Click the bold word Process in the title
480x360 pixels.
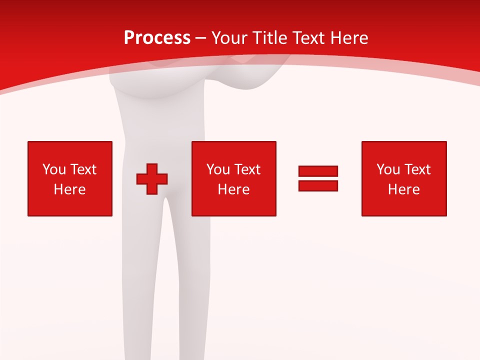click(157, 38)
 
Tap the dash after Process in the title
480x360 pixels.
click(201, 38)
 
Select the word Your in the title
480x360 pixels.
click(229, 38)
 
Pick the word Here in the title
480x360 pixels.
click(350, 38)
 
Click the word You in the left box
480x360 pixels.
click(54, 169)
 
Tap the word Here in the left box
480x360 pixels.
click(69, 189)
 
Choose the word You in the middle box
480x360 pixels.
click(218, 169)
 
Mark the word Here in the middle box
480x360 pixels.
click(233, 189)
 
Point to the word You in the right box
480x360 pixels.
click(388, 169)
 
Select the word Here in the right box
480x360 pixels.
click(403, 189)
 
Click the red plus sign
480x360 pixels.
click(152, 178)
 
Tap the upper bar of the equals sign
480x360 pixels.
click(318, 171)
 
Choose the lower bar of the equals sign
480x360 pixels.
click(318, 185)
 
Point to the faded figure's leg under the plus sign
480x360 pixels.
click(150, 250)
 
